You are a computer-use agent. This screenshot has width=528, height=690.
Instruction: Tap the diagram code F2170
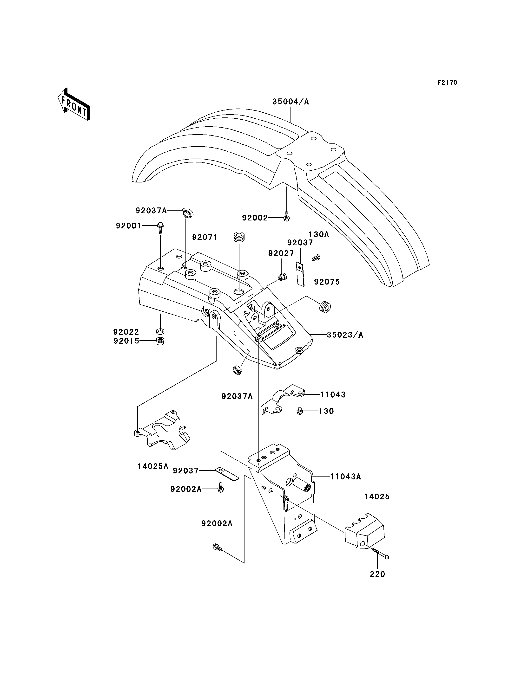[447, 83]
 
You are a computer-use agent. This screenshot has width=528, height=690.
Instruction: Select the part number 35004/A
[291, 102]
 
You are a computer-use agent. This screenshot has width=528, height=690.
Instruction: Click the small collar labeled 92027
[282, 277]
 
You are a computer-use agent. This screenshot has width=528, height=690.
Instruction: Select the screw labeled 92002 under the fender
[286, 217]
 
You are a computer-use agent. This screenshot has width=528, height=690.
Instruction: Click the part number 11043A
[345, 485]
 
